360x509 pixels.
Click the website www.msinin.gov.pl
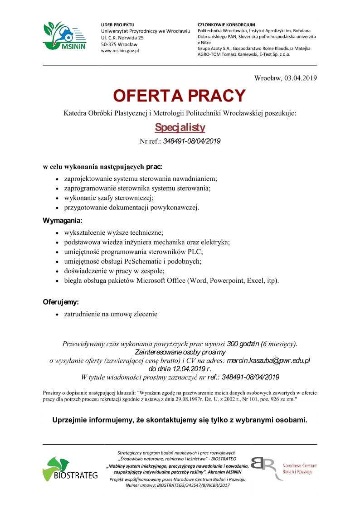click(x=120, y=51)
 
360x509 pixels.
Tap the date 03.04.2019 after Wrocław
click(x=301, y=78)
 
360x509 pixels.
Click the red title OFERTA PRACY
click(x=179, y=96)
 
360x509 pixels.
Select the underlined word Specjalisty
click(x=180, y=127)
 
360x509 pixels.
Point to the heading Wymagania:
click(x=63, y=221)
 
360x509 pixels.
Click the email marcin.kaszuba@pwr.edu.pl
click(x=268, y=361)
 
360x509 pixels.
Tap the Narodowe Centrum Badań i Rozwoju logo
click(x=283, y=469)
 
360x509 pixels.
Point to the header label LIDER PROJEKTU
click(x=117, y=24)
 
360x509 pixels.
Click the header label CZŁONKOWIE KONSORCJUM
click(x=226, y=24)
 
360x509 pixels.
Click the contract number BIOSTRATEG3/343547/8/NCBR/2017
click(x=194, y=485)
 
